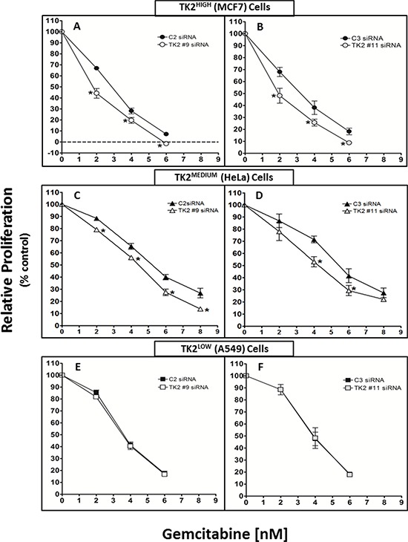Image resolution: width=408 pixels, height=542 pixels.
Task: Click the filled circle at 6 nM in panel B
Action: click(x=348, y=131)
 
